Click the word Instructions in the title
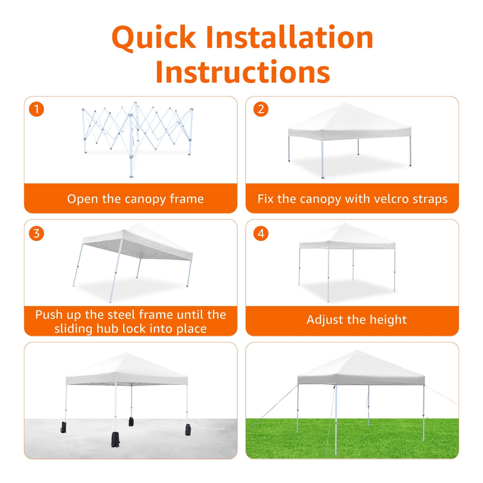click(243, 71)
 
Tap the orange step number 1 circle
click(36, 109)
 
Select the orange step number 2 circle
click(261, 109)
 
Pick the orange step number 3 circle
click(36, 234)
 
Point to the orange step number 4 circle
click(261, 234)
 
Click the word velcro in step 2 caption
click(382, 199)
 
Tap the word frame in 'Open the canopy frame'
click(187, 199)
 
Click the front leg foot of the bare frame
click(131, 176)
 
